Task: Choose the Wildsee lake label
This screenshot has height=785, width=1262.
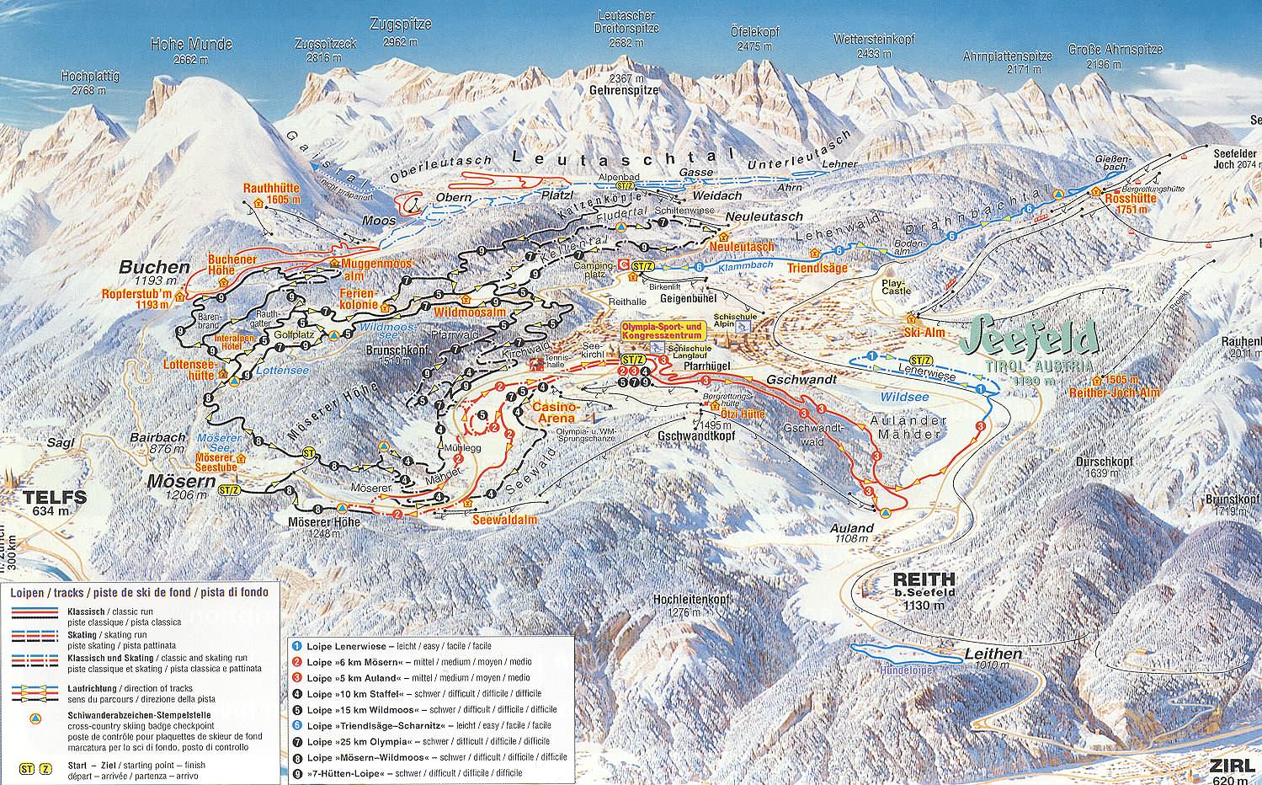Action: [x=902, y=396]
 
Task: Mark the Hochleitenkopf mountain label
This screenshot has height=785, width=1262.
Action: [x=687, y=600]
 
